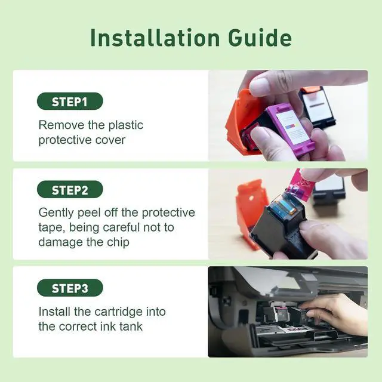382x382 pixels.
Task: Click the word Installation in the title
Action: click(x=155, y=38)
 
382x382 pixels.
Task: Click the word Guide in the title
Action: click(x=260, y=38)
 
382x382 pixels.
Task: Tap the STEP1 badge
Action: click(x=70, y=101)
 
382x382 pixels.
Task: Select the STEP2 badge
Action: click(x=70, y=189)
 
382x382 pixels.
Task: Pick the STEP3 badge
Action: click(x=70, y=288)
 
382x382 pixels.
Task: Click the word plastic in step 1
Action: click(x=126, y=125)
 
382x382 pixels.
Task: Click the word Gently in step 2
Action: click(x=56, y=213)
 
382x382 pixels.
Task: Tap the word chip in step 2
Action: click(x=118, y=242)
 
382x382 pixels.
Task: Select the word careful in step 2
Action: click(x=121, y=227)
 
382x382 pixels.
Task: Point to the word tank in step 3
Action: click(x=131, y=326)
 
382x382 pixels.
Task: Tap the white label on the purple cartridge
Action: click(x=292, y=127)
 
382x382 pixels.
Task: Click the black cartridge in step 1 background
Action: click(x=317, y=107)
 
